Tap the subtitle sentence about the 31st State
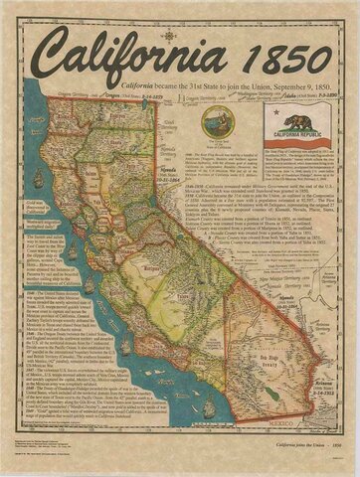coord(213,87)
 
